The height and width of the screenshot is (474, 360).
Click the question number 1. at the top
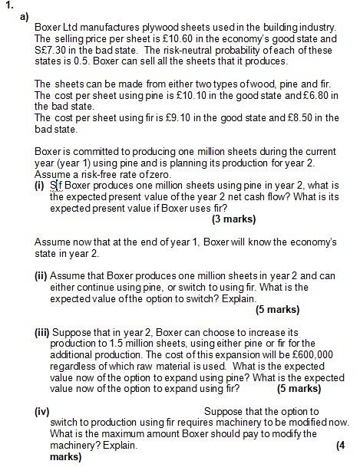(8, 5)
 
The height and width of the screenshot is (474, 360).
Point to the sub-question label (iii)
(42, 333)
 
